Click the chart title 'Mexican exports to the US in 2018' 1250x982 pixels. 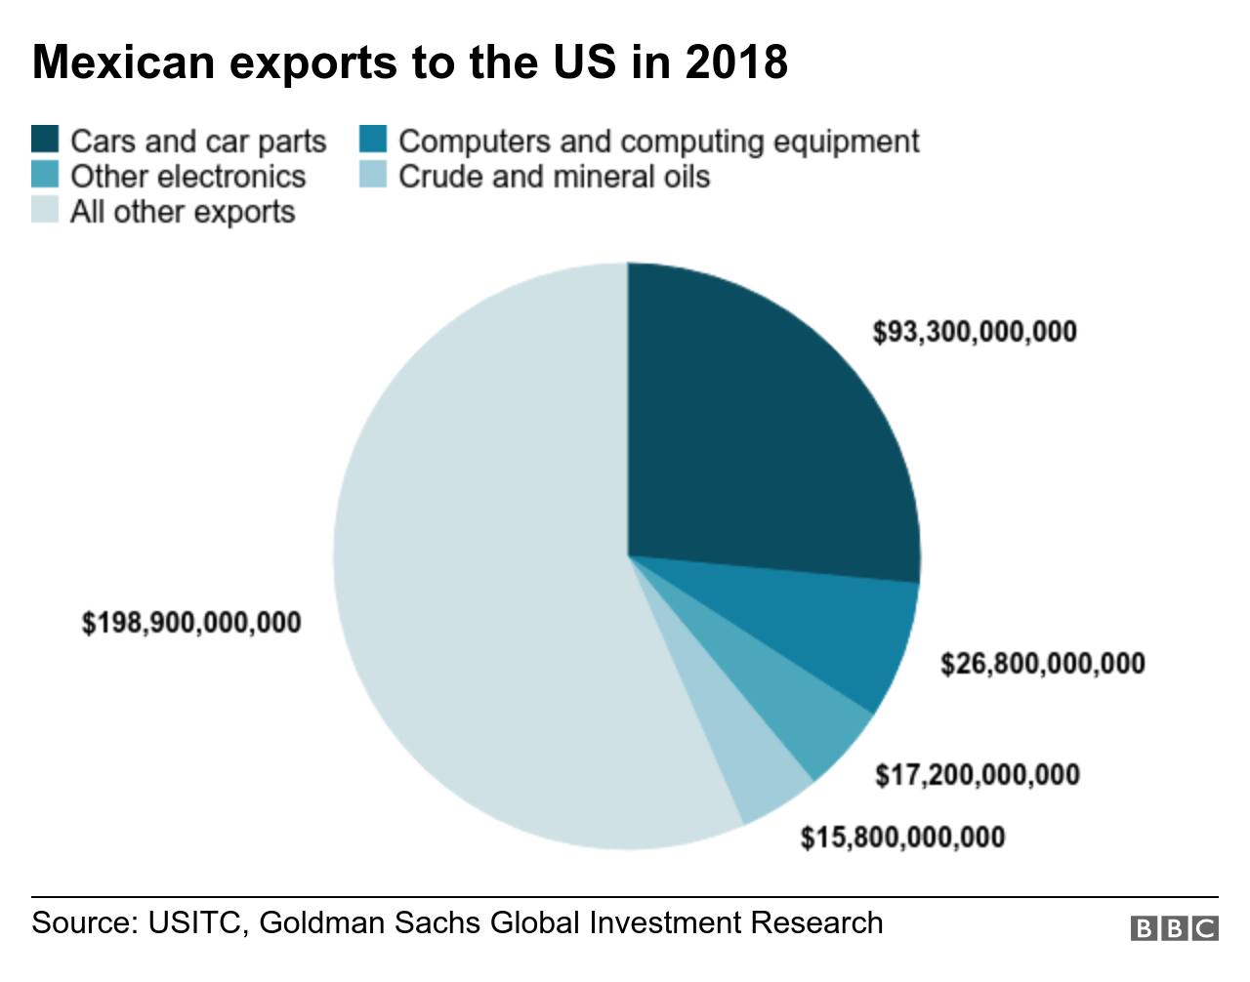[x=410, y=62]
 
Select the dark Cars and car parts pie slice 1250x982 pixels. [x=762, y=430]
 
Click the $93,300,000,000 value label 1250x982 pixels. [x=975, y=332]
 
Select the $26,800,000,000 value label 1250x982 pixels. [x=1042, y=665]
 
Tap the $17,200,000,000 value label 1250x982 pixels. [x=977, y=775]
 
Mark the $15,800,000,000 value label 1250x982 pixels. [x=902, y=838]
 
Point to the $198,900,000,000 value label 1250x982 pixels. [x=191, y=623]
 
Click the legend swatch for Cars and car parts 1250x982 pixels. [x=46, y=141]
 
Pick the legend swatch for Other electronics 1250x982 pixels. [x=46, y=176]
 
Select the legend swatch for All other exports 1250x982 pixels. [x=46, y=211]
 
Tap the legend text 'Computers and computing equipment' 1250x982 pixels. [x=658, y=142]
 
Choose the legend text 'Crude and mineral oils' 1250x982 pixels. [x=554, y=177]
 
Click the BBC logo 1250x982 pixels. [x=1174, y=927]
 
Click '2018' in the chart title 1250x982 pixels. [x=735, y=62]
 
